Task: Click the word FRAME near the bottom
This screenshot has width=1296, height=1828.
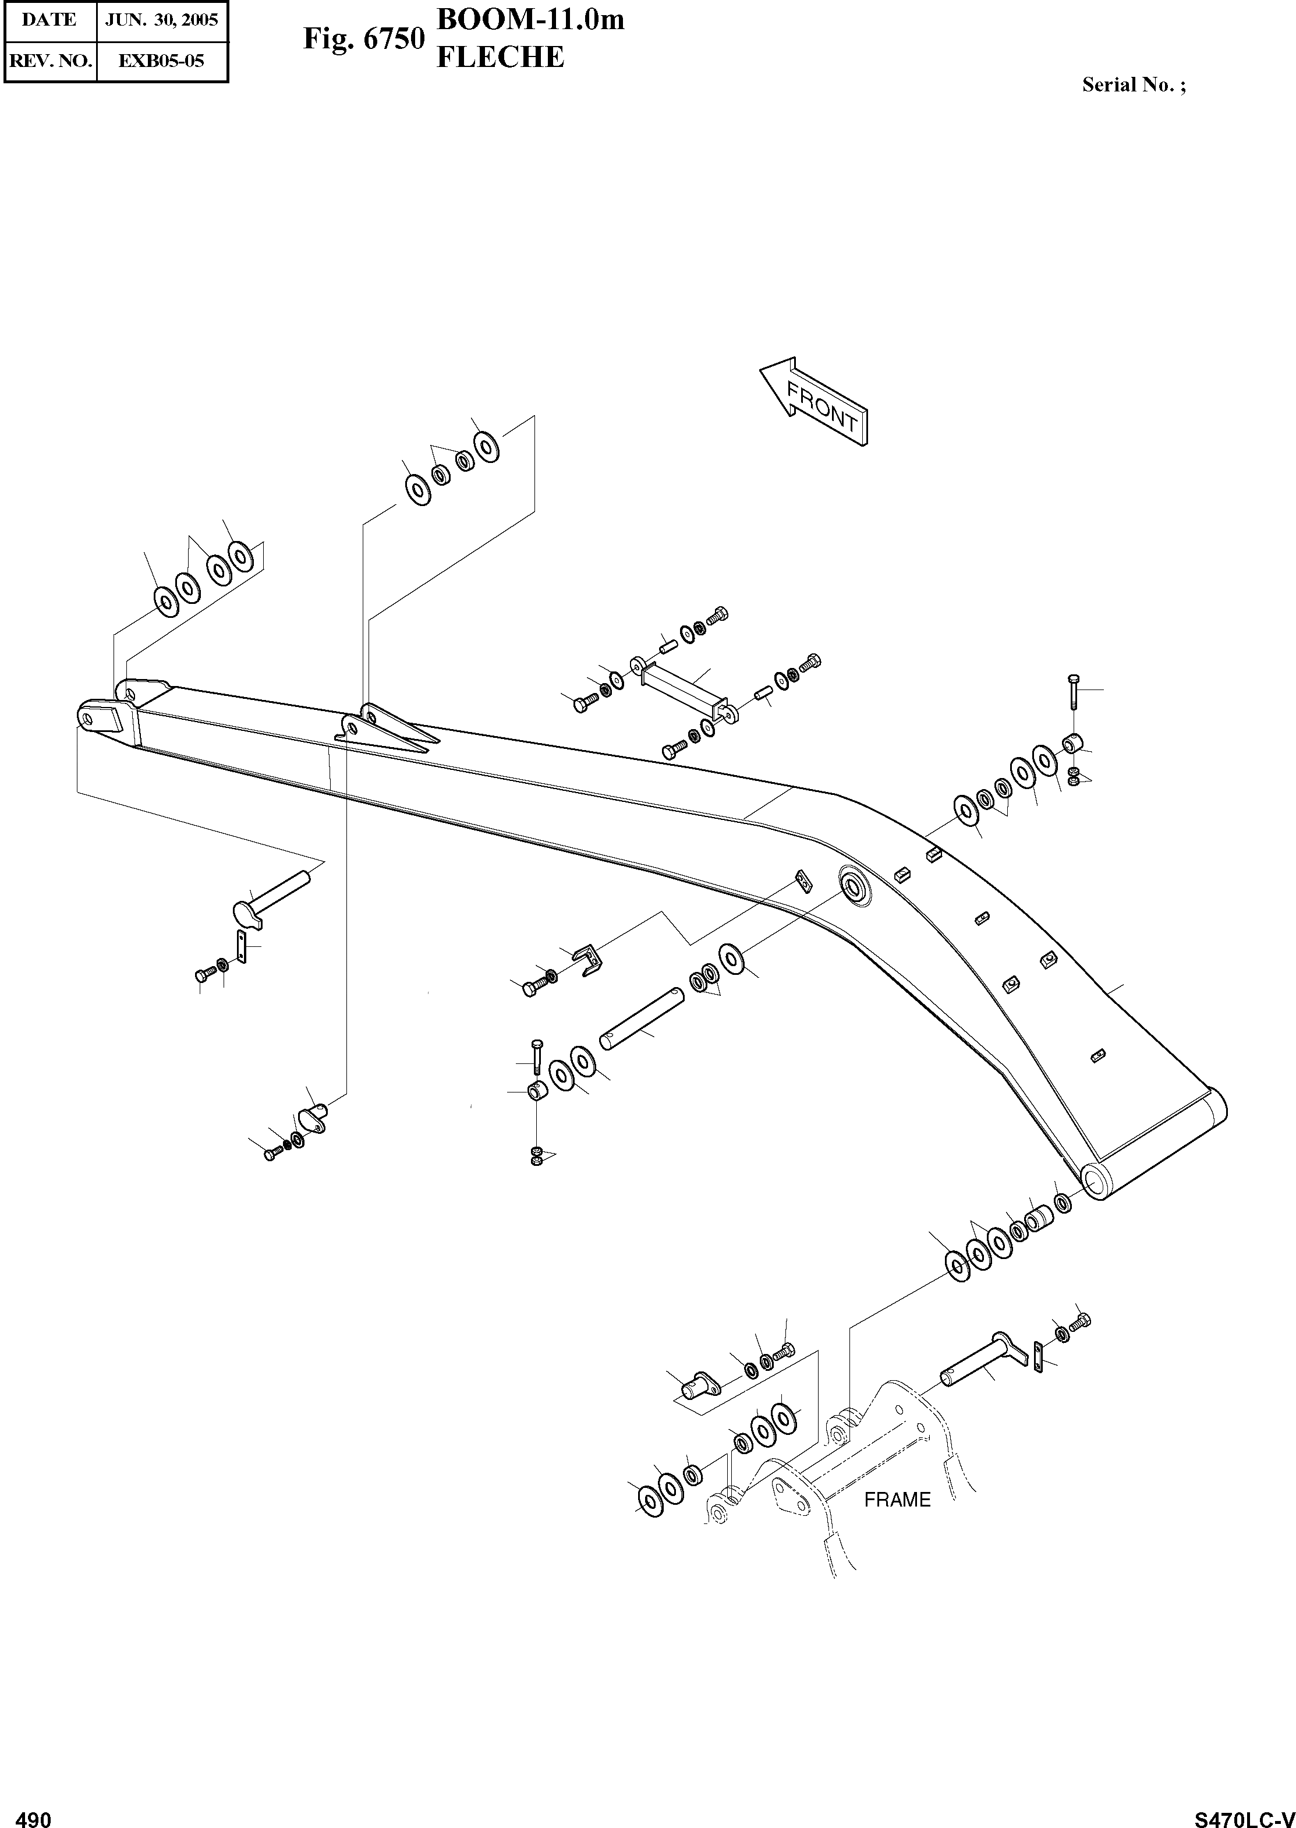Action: point(897,1500)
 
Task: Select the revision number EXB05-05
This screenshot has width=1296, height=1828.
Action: point(161,61)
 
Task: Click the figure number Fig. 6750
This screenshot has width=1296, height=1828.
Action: point(363,38)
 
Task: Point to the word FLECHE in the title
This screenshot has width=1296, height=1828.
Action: point(500,58)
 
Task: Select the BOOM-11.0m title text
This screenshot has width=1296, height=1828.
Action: point(531,19)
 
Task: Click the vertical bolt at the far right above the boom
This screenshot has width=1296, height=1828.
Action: point(1074,691)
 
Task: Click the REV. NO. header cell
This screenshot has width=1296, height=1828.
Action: point(49,61)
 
